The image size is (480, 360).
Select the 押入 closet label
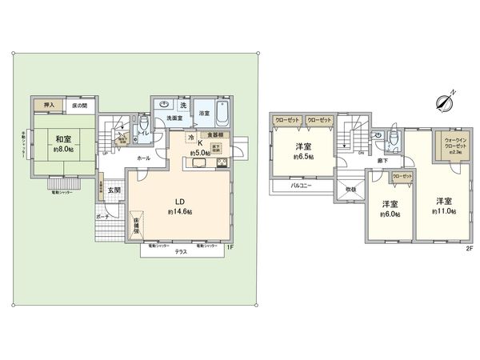coord(48,106)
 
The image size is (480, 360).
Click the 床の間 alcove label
coord(79,106)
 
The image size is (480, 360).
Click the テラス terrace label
coord(182,250)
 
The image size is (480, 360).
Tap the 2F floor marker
coord(470,247)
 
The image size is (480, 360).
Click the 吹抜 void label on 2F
coord(350,189)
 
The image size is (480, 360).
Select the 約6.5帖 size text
coord(303,157)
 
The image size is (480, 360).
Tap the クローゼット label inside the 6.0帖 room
coord(402,176)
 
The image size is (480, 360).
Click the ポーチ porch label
coord(102,217)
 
